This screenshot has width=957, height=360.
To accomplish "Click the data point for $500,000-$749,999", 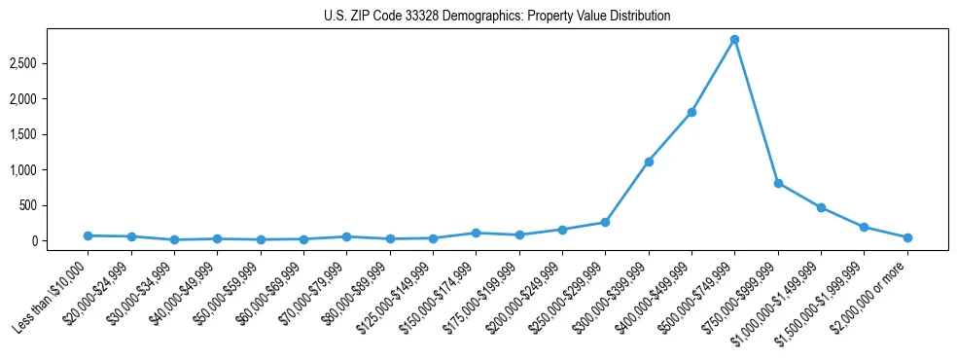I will [x=734, y=40].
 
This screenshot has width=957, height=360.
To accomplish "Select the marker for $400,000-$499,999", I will [x=691, y=112].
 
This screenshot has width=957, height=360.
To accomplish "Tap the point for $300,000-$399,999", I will [x=649, y=162].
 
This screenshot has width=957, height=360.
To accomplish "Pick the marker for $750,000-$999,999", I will [x=778, y=183].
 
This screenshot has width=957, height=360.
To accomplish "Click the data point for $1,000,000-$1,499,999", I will [x=821, y=207].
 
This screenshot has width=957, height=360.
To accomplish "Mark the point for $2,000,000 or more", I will [x=907, y=237].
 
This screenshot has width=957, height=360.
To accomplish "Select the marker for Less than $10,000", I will [x=88, y=235].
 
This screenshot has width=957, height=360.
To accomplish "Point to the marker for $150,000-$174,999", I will [x=476, y=233].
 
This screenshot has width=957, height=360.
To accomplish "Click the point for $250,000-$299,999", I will [x=605, y=222].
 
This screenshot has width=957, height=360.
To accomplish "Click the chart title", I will [x=497, y=17].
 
